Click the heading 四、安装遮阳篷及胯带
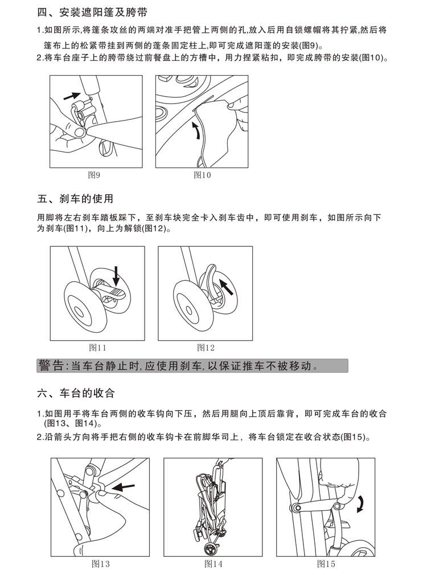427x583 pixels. [x=92, y=13]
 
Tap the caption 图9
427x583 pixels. [x=94, y=175]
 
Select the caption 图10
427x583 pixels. [x=202, y=175]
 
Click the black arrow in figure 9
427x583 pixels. [x=72, y=96]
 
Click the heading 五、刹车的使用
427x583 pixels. [x=75, y=199]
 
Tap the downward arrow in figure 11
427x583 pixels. [x=116, y=276]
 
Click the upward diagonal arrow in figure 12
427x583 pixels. [x=227, y=287]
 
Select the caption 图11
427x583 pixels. [x=98, y=348]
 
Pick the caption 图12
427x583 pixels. [x=206, y=348]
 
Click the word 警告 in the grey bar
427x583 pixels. [x=51, y=366]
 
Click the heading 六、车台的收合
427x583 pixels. [x=76, y=393]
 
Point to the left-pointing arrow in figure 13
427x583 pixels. [x=124, y=487]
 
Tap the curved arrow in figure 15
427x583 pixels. [x=360, y=504]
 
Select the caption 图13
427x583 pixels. [x=101, y=564]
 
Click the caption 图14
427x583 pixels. [x=213, y=564]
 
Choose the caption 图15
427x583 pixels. [x=326, y=564]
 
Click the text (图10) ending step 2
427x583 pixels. [x=371, y=58]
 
